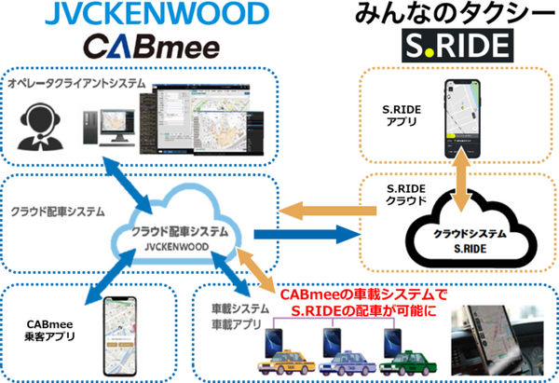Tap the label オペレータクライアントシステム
point(77,84)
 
